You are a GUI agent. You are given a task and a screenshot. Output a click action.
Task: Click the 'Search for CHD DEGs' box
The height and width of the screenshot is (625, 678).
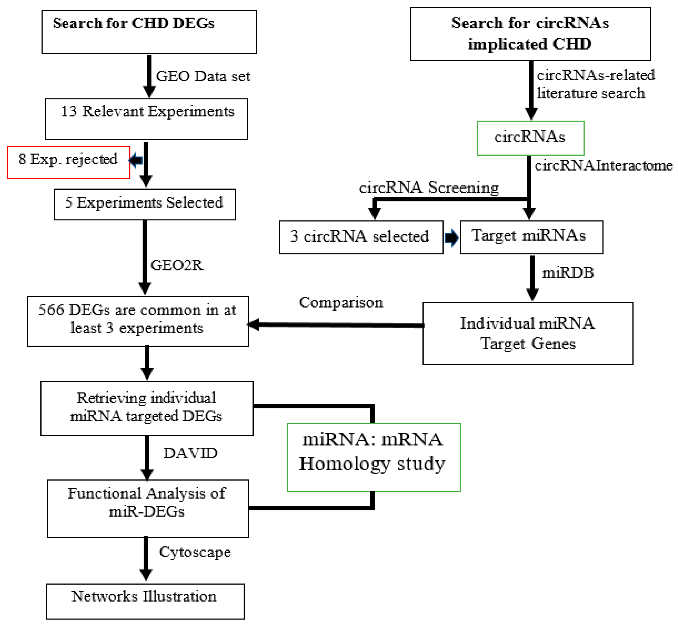pos(149,32)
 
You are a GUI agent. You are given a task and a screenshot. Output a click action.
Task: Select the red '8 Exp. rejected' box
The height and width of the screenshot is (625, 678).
pos(69,162)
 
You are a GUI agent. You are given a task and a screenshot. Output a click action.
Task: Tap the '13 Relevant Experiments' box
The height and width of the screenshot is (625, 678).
pos(146,119)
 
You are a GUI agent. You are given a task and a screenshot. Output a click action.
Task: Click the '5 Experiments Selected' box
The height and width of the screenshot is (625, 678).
pos(144,204)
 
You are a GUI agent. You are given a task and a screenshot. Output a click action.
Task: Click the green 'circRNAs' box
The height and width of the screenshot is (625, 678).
pos(530,138)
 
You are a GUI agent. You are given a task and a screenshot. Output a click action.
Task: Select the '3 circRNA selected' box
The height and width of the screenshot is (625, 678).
pos(361,237)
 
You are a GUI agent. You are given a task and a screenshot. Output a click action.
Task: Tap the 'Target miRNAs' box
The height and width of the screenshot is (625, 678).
pos(531,237)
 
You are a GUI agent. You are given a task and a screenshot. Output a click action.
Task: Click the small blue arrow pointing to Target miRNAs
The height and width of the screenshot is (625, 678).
pos(451,238)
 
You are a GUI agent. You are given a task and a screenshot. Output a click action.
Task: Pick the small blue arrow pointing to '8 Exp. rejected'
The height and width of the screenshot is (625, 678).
pos(136,160)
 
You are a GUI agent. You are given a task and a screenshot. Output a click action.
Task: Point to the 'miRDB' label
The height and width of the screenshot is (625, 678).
pos(568,273)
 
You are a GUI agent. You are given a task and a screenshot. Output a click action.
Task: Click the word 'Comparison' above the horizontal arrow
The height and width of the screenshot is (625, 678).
pos(341,302)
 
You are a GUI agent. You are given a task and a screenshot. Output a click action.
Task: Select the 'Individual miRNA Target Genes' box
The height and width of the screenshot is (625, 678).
pos(528,333)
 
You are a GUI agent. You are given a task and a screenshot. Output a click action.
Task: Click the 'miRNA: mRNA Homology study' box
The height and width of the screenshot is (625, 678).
pos(374,457)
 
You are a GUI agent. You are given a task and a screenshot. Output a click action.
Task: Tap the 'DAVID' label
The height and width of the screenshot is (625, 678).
pos(190,453)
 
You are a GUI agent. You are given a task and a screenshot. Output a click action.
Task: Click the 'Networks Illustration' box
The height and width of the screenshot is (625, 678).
pos(145,601)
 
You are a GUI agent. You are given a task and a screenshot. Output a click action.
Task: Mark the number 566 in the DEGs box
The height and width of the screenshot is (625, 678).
pos(51,310)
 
